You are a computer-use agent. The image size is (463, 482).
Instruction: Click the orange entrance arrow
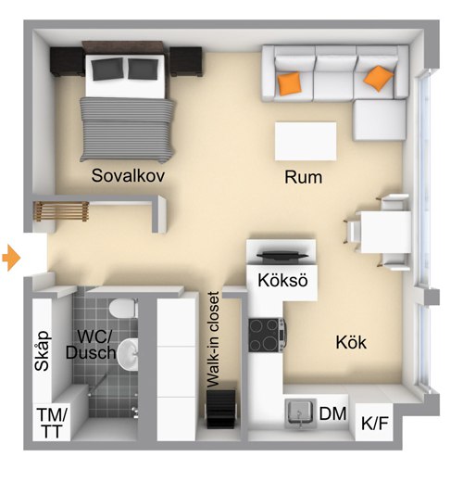click(11, 258)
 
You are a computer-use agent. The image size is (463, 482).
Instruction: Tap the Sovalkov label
click(128, 175)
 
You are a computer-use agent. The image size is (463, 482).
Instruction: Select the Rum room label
click(303, 177)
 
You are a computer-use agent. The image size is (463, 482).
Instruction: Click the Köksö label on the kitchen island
click(282, 280)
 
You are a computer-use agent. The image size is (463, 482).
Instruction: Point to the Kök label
click(351, 342)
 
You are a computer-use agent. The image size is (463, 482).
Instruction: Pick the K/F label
click(375, 423)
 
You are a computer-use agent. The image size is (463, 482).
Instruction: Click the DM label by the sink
click(332, 413)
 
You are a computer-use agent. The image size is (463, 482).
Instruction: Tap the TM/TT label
click(52, 423)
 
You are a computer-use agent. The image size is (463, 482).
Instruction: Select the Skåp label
click(42, 350)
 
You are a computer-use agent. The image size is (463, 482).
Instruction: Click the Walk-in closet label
click(213, 339)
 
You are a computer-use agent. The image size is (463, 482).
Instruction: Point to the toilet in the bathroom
click(123, 308)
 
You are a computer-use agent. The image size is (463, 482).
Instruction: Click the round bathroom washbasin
click(128, 354)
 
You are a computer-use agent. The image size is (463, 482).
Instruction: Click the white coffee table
click(306, 141)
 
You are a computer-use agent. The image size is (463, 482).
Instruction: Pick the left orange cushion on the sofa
click(289, 83)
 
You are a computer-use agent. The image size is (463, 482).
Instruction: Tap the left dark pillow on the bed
click(107, 70)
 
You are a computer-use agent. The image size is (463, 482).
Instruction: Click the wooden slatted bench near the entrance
click(61, 211)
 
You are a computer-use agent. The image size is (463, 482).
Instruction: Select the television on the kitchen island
click(282, 257)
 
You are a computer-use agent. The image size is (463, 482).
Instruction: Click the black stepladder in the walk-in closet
click(220, 409)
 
